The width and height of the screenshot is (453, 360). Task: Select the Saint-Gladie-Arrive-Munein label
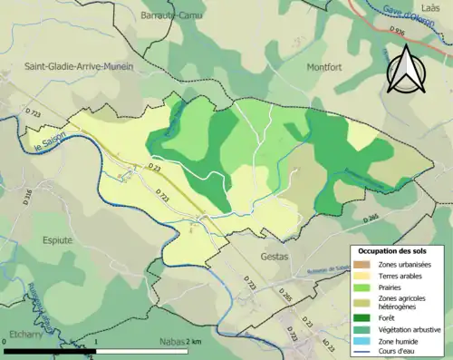(80, 66)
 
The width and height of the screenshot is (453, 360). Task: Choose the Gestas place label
(267, 258)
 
